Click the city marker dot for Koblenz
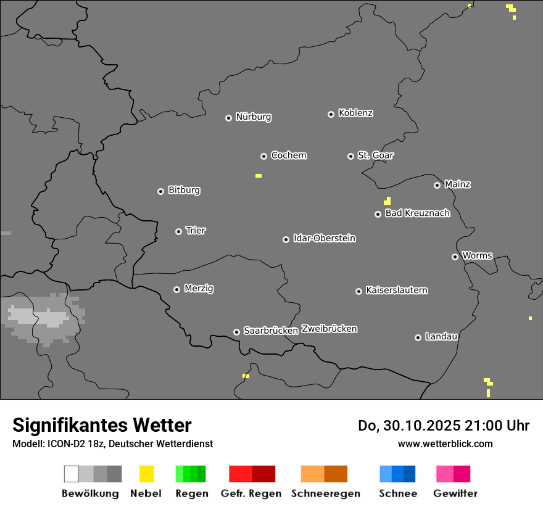click(331, 114)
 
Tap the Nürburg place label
click(254, 117)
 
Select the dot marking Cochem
click(263, 156)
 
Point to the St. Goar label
click(375, 155)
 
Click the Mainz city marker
click(437, 185)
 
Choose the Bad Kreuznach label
click(417, 213)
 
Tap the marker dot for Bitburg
click(160, 191)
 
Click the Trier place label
click(196, 231)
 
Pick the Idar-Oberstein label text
click(325, 238)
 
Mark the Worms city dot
click(455, 257)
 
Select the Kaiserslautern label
click(397, 291)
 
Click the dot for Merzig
click(176, 289)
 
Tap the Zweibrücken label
click(329, 329)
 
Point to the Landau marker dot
click(418, 337)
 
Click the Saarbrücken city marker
click(236, 332)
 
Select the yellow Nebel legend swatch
click(146, 474)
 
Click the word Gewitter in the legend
click(455, 493)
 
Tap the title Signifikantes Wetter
click(102, 425)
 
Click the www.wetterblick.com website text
click(445, 444)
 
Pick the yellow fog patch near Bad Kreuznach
click(387, 200)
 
